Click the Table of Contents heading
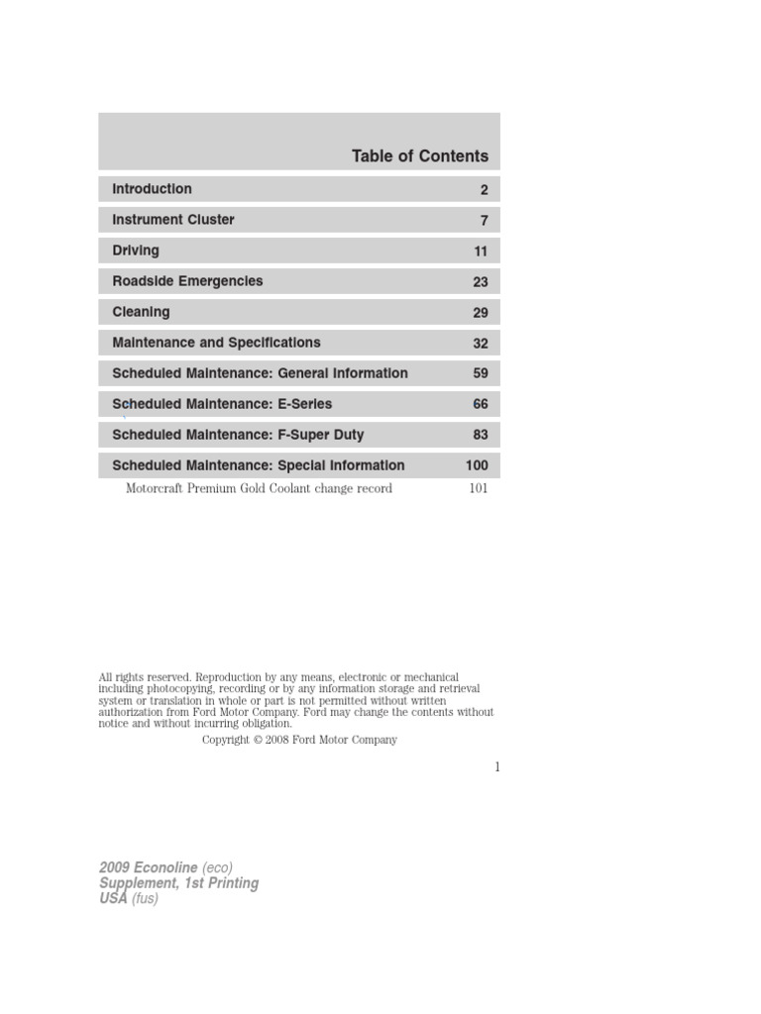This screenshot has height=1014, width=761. [x=419, y=156]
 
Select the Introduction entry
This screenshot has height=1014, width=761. [x=152, y=189]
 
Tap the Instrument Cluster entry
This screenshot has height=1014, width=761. [x=173, y=220]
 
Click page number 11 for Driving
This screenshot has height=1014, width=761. [x=481, y=252]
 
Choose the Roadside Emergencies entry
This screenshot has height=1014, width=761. [x=187, y=281]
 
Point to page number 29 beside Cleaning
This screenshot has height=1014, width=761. [x=481, y=313]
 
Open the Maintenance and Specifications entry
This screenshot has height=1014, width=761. [x=216, y=343]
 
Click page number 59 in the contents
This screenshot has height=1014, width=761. [x=481, y=374]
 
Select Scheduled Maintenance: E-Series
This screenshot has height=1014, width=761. [x=222, y=404]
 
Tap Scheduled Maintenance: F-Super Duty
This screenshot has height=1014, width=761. [x=238, y=435]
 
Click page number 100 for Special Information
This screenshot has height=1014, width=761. [x=477, y=466]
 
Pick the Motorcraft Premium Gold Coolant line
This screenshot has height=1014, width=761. [x=259, y=488]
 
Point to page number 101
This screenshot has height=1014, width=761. [x=479, y=488]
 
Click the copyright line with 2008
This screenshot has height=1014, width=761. [x=299, y=740]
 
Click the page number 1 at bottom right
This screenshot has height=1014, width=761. [x=496, y=766]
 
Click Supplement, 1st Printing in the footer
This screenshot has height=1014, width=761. [x=178, y=883]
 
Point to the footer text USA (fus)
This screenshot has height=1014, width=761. [x=129, y=898]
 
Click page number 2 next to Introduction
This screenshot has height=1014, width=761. [x=485, y=190]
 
